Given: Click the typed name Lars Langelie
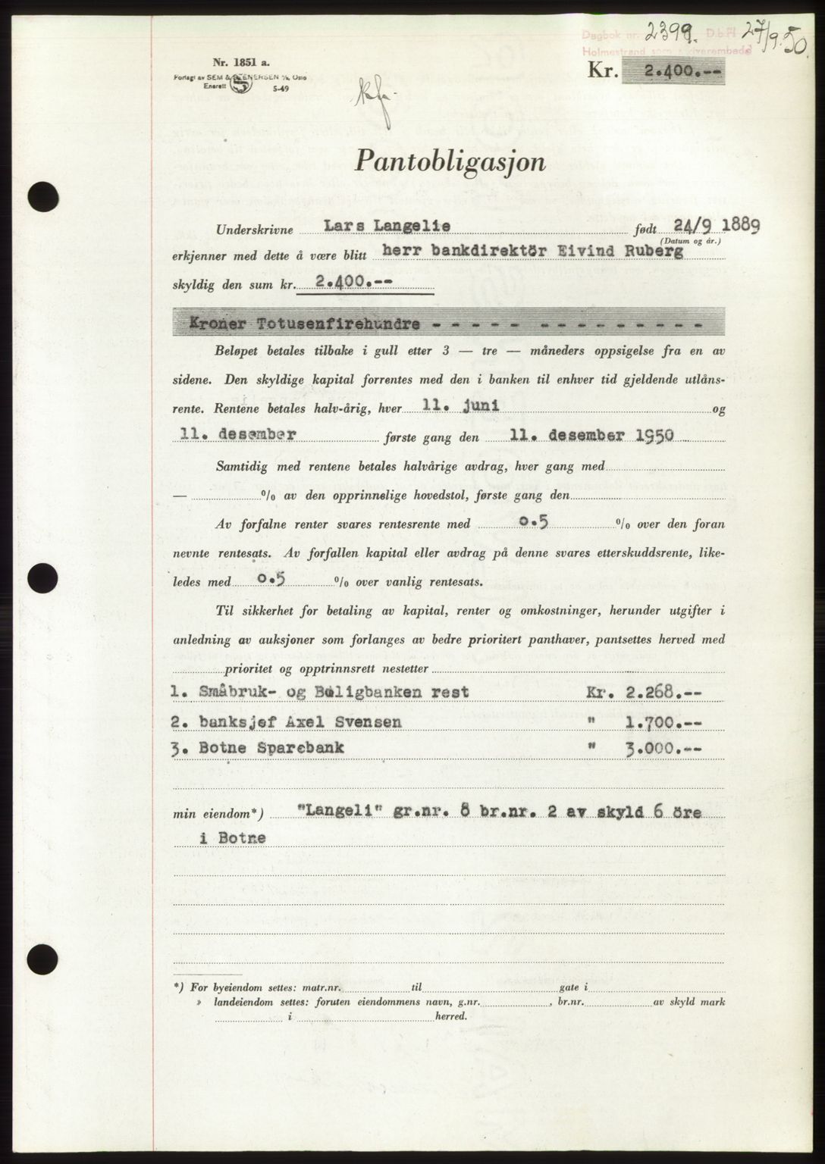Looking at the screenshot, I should click(x=384, y=227).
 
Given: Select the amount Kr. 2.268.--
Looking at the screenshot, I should click(x=642, y=692).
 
